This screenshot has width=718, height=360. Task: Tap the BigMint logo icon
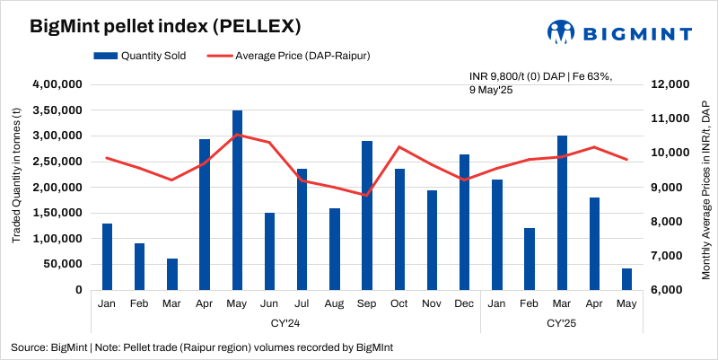click(562, 32)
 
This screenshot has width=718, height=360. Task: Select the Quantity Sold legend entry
click(141, 56)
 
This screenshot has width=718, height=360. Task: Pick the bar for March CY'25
click(563, 213)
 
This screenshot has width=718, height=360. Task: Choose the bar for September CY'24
click(367, 215)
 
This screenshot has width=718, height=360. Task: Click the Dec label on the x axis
click(465, 304)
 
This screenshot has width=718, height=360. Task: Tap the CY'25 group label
click(563, 321)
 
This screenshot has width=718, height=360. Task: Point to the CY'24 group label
click(285, 321)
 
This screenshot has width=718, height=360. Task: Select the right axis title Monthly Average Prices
click(705, 188)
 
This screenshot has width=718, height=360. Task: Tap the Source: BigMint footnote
click(202, 347)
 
